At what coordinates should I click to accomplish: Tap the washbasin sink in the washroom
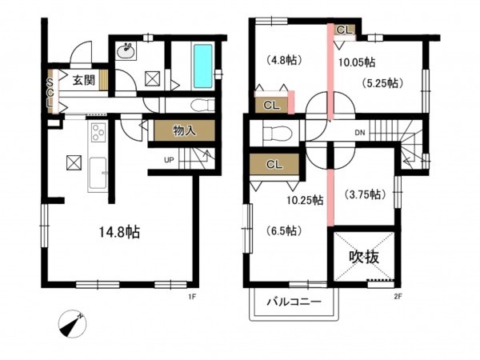126,50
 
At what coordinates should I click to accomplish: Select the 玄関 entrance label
83,80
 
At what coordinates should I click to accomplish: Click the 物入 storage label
184,130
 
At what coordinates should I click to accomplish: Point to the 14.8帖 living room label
119,232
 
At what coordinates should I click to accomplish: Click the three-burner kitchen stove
98,132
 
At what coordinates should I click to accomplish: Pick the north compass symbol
72,324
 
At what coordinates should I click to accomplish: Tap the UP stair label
169,160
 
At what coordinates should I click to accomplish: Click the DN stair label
360,133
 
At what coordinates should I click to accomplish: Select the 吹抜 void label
364,257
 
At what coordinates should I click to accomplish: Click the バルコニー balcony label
294,302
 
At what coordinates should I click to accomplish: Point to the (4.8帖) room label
284,60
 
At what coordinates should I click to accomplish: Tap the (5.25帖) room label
382,83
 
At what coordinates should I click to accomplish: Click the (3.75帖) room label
364,194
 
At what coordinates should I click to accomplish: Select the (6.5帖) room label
284,230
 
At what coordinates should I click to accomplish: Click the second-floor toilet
278,132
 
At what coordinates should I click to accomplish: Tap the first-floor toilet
202,106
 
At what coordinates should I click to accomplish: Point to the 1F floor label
192,296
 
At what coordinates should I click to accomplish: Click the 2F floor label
398,296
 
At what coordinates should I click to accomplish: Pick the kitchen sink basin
98,173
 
